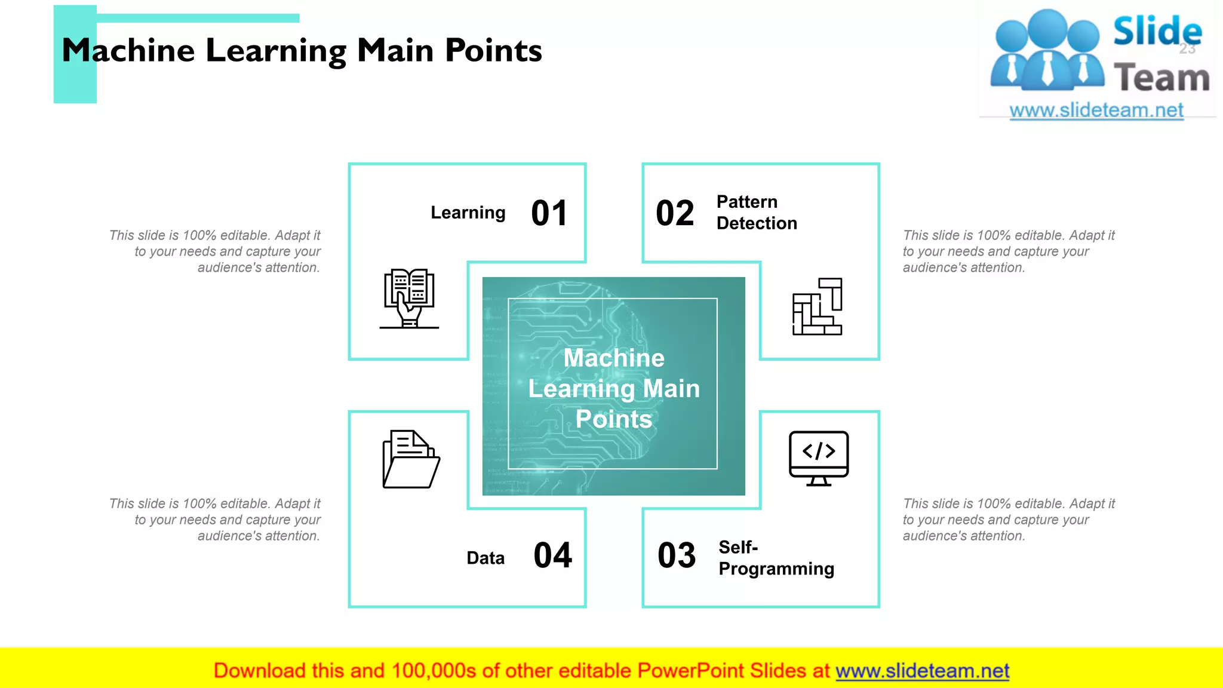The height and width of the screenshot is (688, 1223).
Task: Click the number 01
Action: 549,213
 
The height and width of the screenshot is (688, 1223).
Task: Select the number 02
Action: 675,213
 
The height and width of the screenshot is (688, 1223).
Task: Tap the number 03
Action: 677,555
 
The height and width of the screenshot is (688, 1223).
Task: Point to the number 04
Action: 552,555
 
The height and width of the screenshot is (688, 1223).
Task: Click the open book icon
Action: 409,298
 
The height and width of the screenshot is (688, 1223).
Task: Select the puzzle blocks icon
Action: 817,306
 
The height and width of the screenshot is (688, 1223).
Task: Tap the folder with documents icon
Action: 411,459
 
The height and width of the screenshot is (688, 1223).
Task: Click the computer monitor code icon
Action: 818,458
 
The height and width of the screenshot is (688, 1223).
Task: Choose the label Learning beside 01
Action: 468,213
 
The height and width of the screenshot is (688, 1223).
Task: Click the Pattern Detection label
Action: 757,213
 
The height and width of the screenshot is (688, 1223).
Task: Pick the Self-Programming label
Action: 776,558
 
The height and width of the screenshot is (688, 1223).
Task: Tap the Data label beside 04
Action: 485,558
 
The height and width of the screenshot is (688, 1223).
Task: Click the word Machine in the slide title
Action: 128,50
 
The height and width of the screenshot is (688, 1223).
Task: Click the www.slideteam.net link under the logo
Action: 1096,110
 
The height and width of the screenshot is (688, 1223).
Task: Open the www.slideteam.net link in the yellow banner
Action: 922,671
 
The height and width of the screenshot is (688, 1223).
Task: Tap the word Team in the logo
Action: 1161,78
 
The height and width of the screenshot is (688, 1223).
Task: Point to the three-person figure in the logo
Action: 1047,51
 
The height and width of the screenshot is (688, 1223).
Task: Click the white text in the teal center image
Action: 614,388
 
